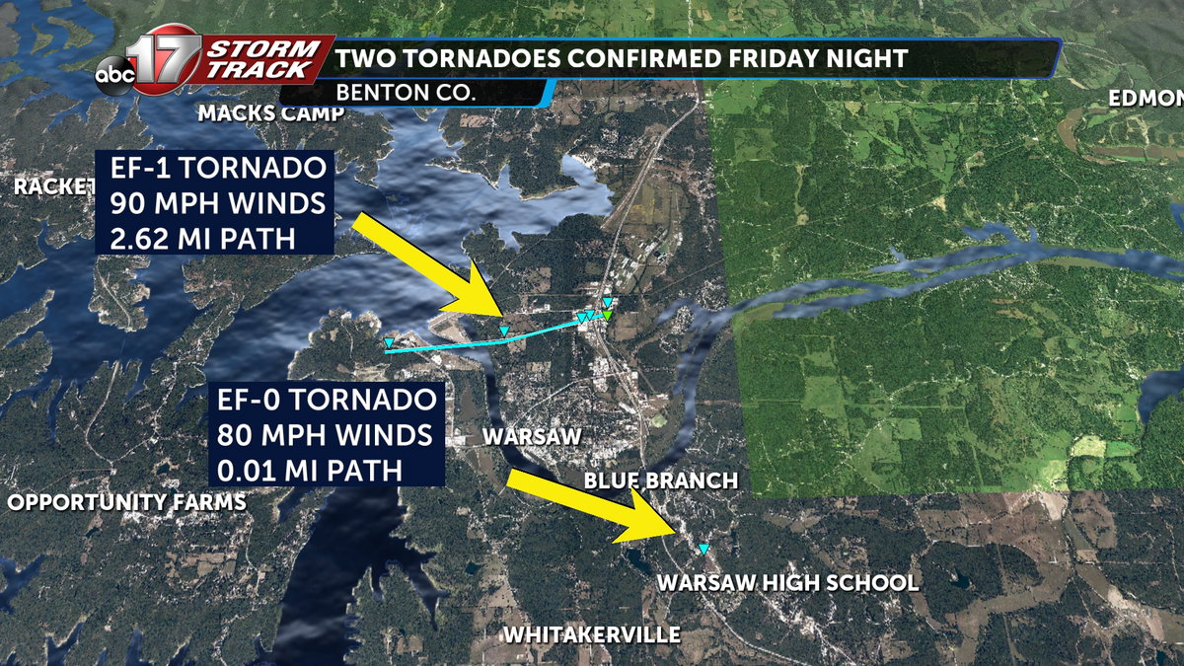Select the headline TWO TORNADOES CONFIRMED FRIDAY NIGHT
coord(621,59)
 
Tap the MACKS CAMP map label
coord(271,113)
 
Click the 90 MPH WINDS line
coord(215,204)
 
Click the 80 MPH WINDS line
coord(327,435)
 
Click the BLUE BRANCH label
coord(660,481)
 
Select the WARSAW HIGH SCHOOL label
coord(787,583)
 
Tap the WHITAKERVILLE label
coord(591,634)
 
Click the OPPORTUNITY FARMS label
coord(126,502)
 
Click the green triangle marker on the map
coord(610,315)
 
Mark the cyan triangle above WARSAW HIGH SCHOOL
coord(703,549)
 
